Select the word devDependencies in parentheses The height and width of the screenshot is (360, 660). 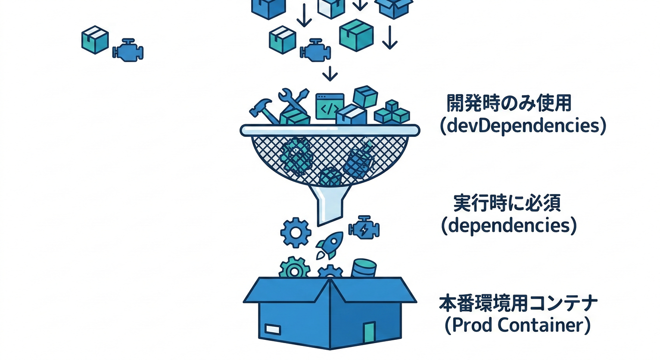click(523, 126)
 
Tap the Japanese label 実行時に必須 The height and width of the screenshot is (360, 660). click(508, 202)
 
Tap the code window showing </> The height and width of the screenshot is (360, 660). click(330, 106)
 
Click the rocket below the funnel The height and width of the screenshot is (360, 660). click(327, 246)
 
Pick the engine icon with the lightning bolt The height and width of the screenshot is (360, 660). click(364, 229)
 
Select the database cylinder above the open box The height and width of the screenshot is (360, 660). click(364, 269)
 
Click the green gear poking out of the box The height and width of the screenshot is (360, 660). click(294, 269)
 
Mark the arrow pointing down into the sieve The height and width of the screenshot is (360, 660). click(330, 74)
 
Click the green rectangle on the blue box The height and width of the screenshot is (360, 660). click(369, 331)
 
